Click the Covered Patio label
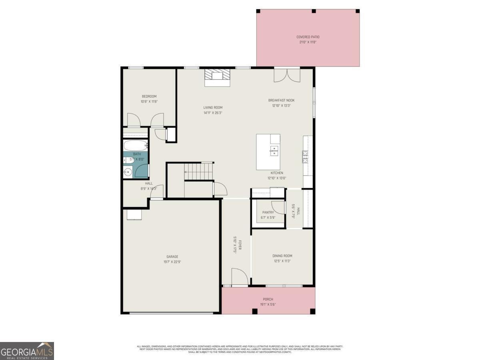[308, 37]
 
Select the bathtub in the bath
[136, 145]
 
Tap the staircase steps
[199, 171]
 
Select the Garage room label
[172, 257]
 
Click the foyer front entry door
[240, 277]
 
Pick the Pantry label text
[268, 212]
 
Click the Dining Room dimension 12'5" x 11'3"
[282, 261]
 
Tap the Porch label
[268, 299]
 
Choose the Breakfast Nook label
[281, 100]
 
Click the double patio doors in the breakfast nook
[287, 75]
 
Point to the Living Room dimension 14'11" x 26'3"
[213, 113]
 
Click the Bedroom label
[149, 96]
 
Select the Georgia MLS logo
[27, 351]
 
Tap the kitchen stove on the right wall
[305, 157]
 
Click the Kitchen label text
[277, 173]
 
